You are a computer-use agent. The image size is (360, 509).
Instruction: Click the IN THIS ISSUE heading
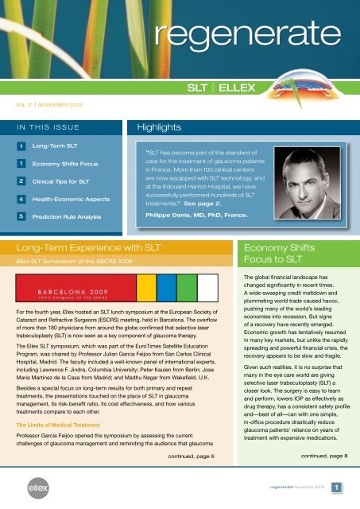click(x=43, y=125)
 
